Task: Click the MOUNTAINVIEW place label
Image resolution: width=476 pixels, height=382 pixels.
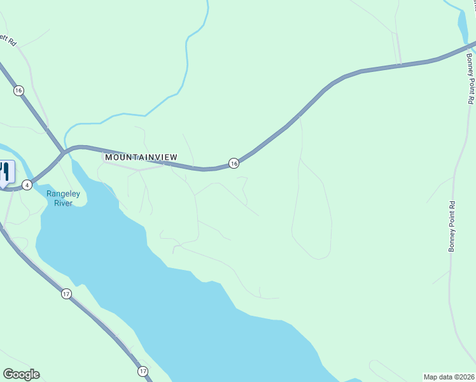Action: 141,157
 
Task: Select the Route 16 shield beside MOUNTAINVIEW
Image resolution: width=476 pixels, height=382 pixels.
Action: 234,164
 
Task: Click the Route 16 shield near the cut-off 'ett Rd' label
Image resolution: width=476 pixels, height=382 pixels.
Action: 18,90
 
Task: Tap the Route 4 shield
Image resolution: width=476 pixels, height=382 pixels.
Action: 27,185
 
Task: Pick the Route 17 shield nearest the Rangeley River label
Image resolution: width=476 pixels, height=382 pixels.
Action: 67,294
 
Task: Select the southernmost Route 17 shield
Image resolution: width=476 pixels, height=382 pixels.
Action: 143,371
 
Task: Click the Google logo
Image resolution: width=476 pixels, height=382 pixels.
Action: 21,374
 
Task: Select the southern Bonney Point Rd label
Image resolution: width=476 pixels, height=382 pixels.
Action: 452,227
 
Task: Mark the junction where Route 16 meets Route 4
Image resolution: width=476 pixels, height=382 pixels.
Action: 63,152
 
